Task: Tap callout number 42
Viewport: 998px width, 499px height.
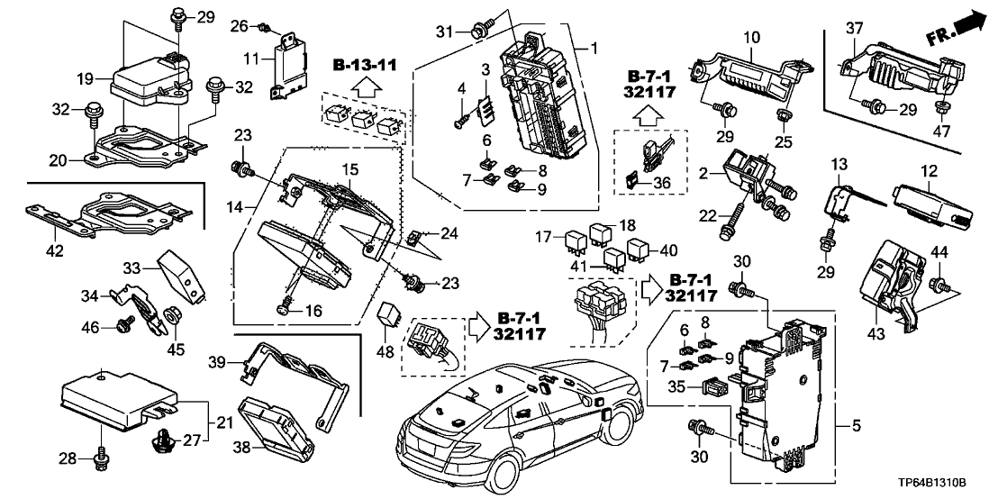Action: click(x=55, y=250)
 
